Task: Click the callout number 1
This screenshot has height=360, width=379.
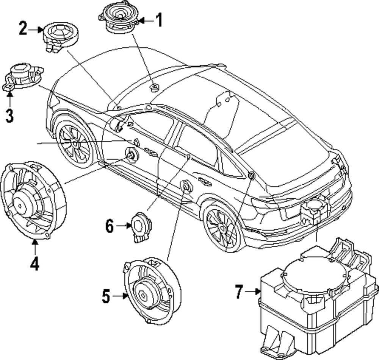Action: tap(159, 20)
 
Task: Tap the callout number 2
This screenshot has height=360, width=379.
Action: tap(23, 29)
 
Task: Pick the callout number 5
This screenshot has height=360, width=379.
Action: tap(106, 296)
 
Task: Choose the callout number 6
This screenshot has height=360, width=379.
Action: tap(110, 226)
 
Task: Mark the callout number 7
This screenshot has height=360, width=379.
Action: tap(239, 291)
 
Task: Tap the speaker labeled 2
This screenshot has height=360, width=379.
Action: tap(61, 37)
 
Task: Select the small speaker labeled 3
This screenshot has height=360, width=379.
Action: tap(23, 77)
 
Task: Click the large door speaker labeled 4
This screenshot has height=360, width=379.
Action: tap(33, 201)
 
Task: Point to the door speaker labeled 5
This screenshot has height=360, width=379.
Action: tap(152, 291)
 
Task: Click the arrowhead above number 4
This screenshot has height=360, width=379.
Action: tap(35, 242)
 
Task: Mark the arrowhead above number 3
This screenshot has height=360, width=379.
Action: tap(10, 94)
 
